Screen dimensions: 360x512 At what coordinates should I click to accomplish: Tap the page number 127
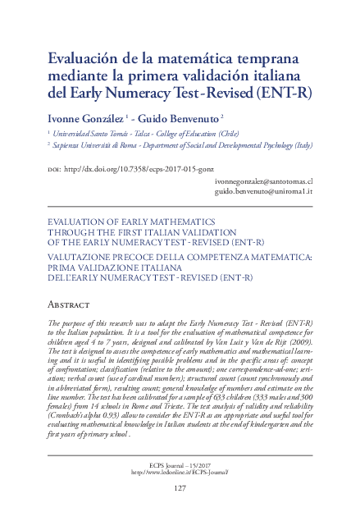point(180,488)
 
